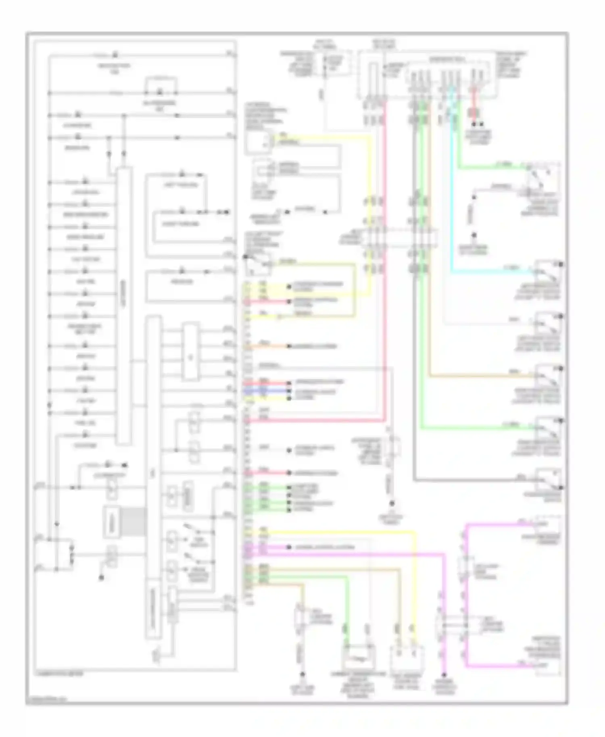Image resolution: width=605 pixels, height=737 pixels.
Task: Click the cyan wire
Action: [x=451, y=202]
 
